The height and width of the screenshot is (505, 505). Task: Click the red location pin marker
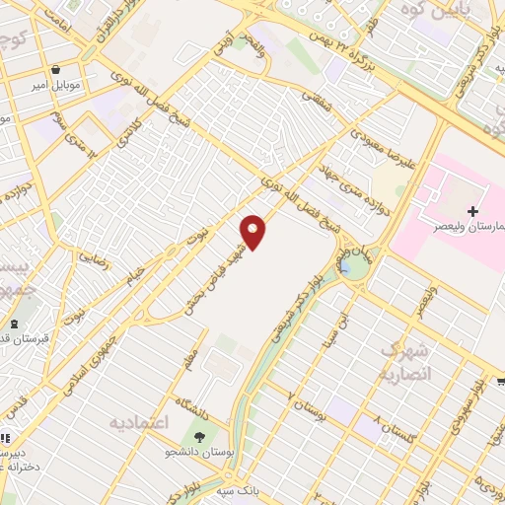pyautogui.click(x=253, y=232)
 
